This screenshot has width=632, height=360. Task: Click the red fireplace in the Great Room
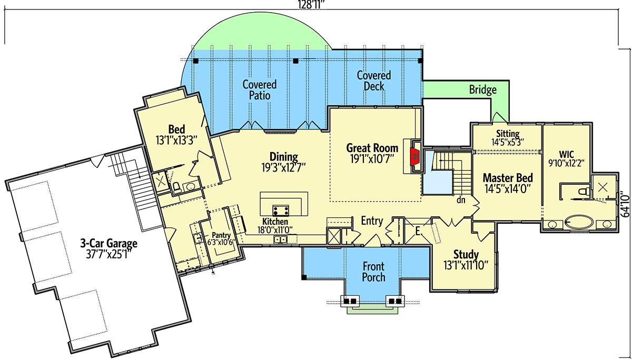coord(415,156)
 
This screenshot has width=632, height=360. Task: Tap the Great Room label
coord(372,148)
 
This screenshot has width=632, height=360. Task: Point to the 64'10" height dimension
coord(626,203)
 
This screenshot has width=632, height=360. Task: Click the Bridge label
coord(483,89)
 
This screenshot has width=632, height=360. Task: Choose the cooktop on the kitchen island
coord(280,211)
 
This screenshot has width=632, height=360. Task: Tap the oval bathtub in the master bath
coord(579,223)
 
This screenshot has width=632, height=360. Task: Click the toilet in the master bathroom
coord(584,192)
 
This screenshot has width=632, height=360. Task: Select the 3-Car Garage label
coord(108,243)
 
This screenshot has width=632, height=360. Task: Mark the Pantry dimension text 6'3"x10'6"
coord(221,242)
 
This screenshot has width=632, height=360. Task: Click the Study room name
coord(466,254)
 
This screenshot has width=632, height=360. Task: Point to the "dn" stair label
coord(461,200)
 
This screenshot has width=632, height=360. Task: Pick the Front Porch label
coord(373,272)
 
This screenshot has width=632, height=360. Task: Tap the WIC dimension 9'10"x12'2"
coord(566,163)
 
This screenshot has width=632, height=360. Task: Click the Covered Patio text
coord(260,90)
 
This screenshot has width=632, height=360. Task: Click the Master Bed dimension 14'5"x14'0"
coord(508,188)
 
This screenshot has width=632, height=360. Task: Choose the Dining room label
coord(283,157)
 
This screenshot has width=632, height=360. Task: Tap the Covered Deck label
coord(373,81)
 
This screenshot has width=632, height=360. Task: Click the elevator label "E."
coord(419,232)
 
